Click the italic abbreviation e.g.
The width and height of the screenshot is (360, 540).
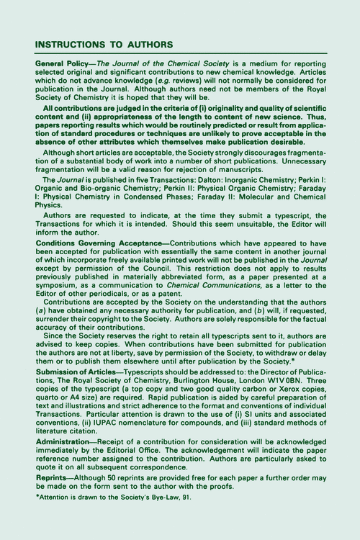click(171, 85)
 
